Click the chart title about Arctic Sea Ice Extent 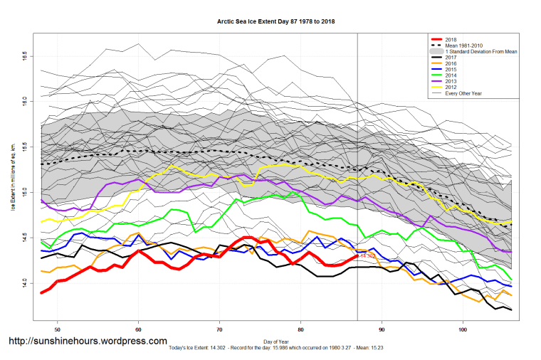point(275,22)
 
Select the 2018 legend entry point(451,40)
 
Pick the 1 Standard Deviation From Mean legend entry point(480,52)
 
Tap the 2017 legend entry point(451,58)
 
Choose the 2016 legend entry point(451,64)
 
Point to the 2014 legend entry point(451,76)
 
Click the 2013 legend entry point(451,82)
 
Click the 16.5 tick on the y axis point(24,55)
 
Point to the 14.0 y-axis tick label point(24,283)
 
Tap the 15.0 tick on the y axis point(24,192)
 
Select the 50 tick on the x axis point(57,329)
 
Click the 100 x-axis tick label point(463,329)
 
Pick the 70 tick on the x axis point(219,329)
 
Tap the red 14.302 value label point(367,255)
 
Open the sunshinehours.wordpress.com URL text point(88,342)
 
